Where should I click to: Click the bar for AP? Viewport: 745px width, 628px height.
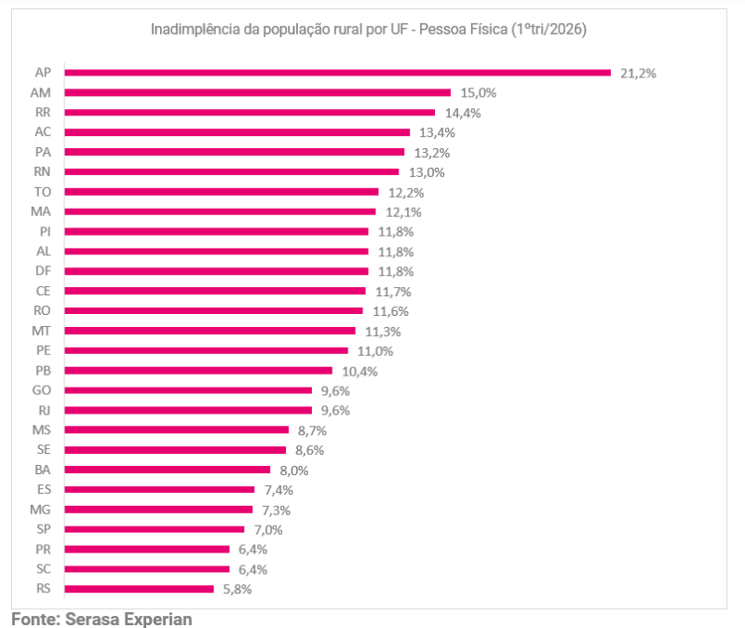click(338, 73)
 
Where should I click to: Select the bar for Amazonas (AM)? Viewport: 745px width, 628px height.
click(258, 92)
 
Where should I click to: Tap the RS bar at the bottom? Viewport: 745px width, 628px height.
click(139, 589)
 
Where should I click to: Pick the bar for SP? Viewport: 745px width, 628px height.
click(155, 529)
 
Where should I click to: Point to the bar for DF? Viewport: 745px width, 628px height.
click(217, 271)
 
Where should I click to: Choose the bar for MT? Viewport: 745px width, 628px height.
click(210, 331)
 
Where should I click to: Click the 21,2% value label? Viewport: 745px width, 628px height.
click(638, 74)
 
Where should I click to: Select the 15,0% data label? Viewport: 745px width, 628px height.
click(478, 92)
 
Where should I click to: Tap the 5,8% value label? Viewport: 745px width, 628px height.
click(237, 590)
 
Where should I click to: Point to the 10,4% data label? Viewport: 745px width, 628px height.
click(359, 371)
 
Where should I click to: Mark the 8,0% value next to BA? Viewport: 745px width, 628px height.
click(293, 471)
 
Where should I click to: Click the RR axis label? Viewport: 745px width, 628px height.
click(43, 112)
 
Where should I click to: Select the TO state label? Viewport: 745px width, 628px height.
click(42, 192)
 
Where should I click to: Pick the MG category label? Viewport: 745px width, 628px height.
click(40, 510)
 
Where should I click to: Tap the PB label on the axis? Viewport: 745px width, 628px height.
click(43, 371)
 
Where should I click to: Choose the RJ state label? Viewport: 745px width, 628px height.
click(44, 410)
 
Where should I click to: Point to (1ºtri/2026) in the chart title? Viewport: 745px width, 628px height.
click(549, 30)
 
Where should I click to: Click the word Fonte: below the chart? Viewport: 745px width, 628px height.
click(35, 620)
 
